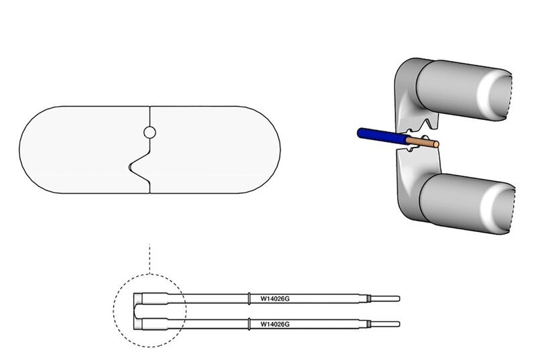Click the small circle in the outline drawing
click(x=149, y=133)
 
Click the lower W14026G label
click(x=281, y=324)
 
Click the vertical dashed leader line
click(x=151, y=258)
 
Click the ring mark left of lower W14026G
click(x=249, y=324)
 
